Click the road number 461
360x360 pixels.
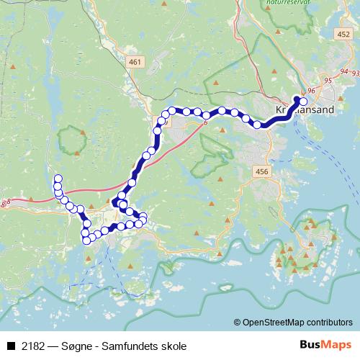click(x=135, y=63)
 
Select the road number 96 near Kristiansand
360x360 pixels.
click(x=312, y=90)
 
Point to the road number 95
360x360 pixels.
click(x=328, y=80)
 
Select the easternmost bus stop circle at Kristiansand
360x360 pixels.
click(x=303, y=102)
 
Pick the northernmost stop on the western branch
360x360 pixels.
click(x=58, y=178)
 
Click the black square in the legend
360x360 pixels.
click(x=11, y=346)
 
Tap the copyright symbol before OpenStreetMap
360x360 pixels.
click(x=237, y=323)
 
